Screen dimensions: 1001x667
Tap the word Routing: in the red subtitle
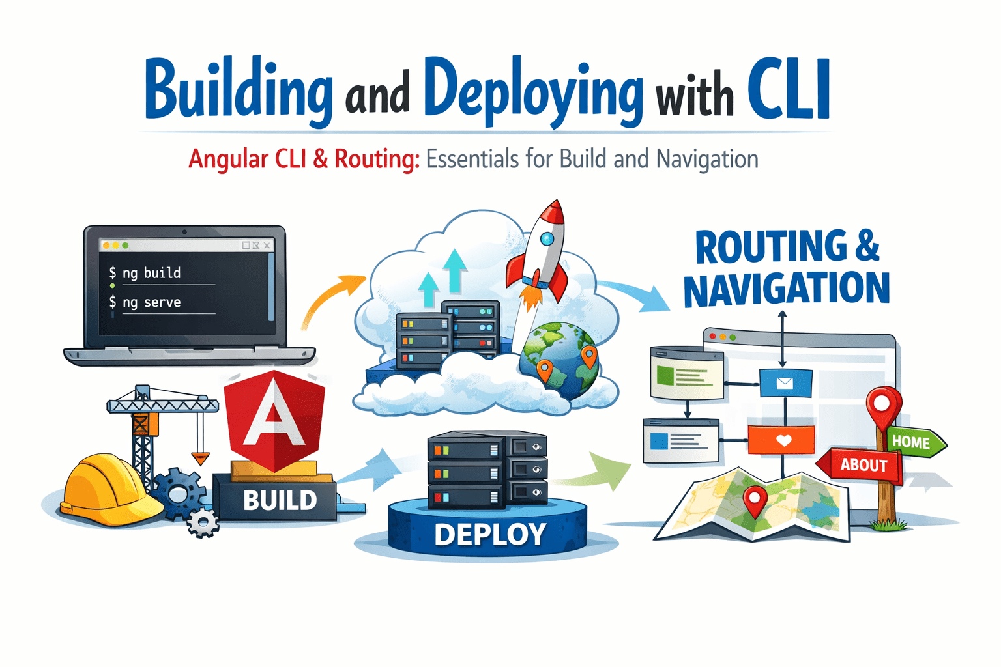(377, 159)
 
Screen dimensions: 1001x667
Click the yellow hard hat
(108, 485)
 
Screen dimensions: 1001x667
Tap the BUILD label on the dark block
(280, 500)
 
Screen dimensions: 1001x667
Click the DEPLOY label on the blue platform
(490, 535)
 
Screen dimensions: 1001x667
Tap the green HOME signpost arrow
(914, 442)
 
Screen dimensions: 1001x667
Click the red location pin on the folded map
(755, 500)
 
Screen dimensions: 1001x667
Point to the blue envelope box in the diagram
(785, 382)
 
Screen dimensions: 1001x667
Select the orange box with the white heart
(781, 440)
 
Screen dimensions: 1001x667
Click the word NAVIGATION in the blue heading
(787, 290)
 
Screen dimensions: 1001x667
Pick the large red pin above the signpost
(883, 405)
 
